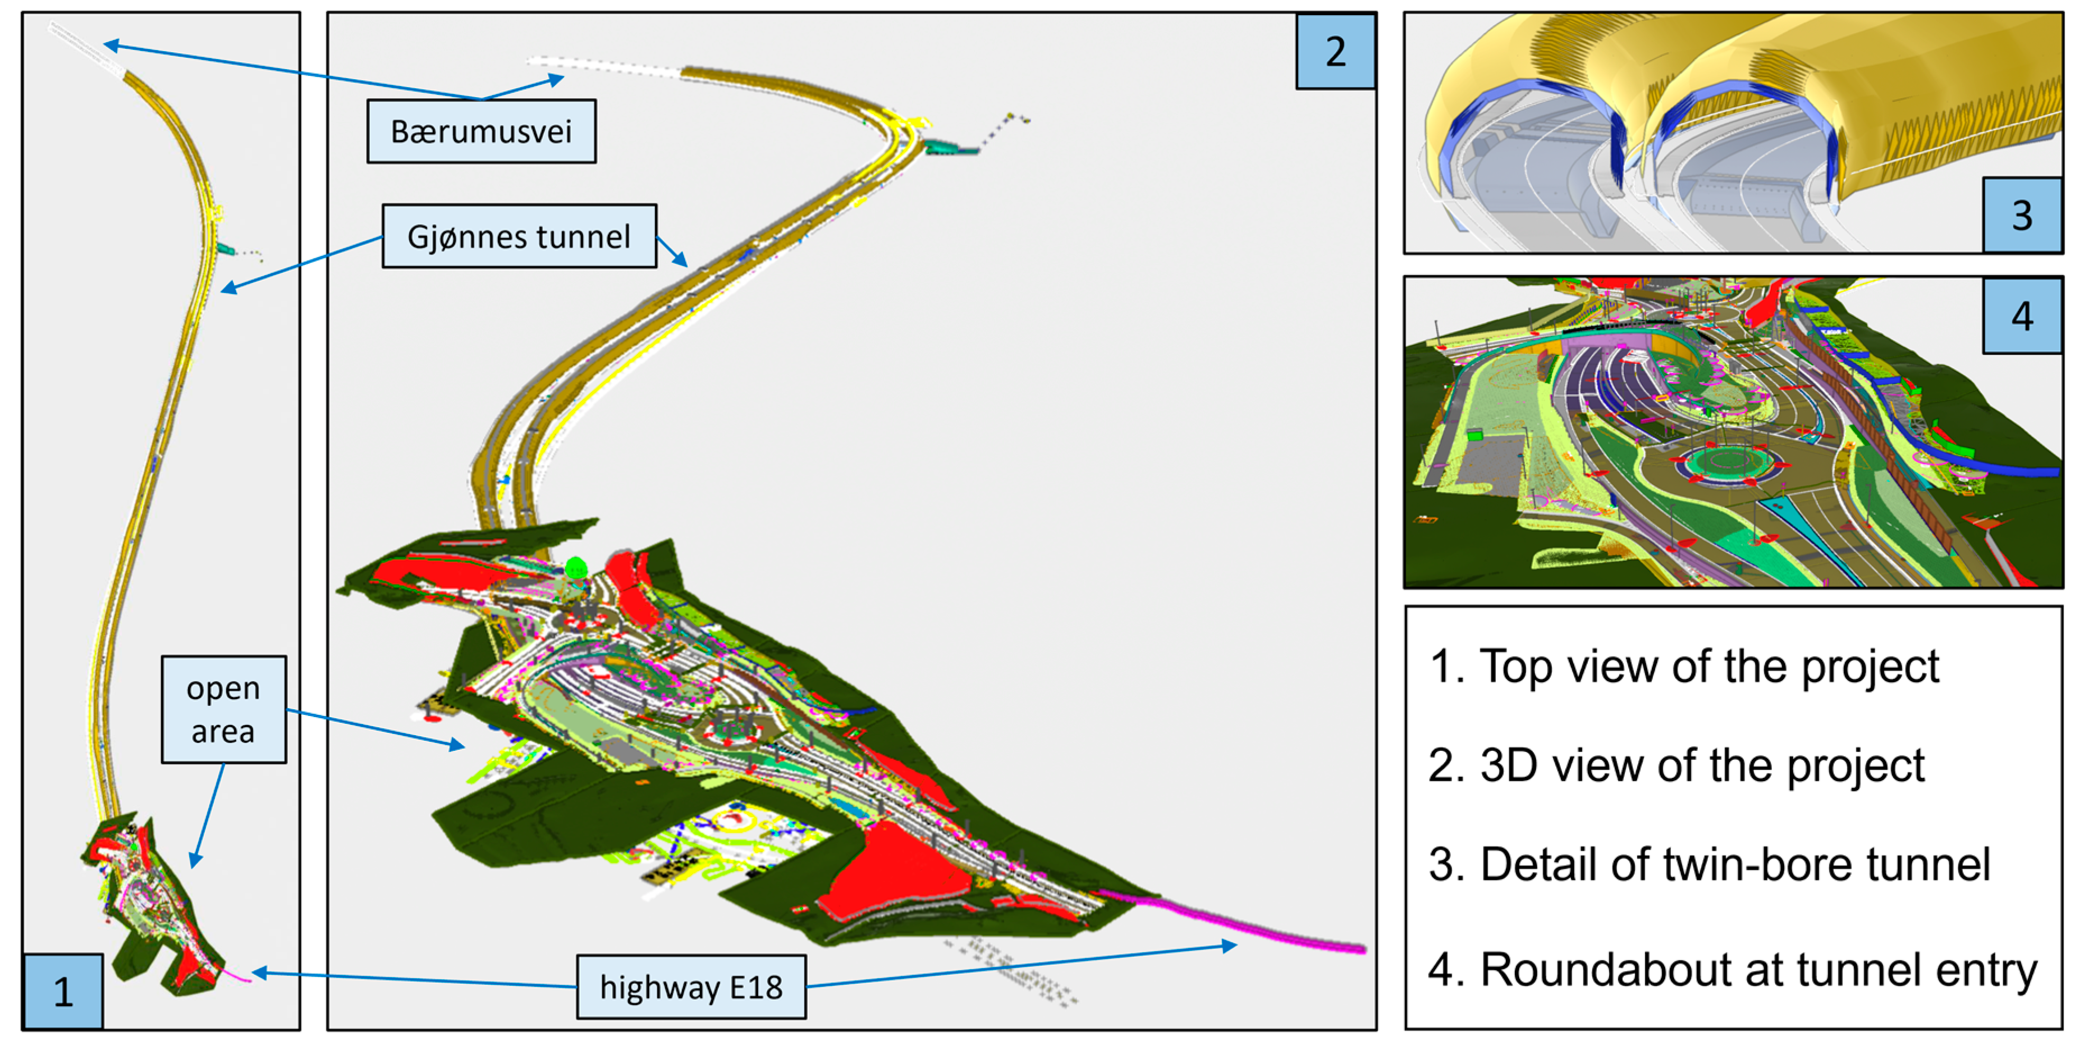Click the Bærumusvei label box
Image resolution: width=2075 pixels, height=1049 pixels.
tap(481, 131)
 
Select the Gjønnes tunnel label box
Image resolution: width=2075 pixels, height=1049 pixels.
tap(519, 236)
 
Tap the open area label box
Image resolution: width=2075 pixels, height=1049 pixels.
tap(223, 709)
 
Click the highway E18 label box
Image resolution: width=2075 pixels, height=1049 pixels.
tap(690, 987)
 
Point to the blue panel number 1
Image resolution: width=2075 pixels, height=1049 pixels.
tap(62, 991)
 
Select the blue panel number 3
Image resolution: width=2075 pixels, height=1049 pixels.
tap(2021, 215)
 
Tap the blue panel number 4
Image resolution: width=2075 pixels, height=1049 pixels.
tap(2021, 316)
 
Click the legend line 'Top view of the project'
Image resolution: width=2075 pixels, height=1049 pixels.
tap(1684, 667)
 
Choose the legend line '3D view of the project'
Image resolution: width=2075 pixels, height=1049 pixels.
tap(1675, 765)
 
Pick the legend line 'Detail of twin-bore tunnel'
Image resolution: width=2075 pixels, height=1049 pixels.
tap(1708, 864)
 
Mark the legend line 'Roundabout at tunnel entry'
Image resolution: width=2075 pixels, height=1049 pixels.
tap(1732, 969)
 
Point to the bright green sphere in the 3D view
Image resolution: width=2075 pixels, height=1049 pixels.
tap(576, 568)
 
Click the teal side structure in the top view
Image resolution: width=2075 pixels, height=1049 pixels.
tap(225, 249)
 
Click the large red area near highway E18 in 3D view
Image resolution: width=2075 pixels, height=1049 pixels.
tap(894, 874)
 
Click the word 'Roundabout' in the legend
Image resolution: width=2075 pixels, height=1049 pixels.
tap(1603, 969)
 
